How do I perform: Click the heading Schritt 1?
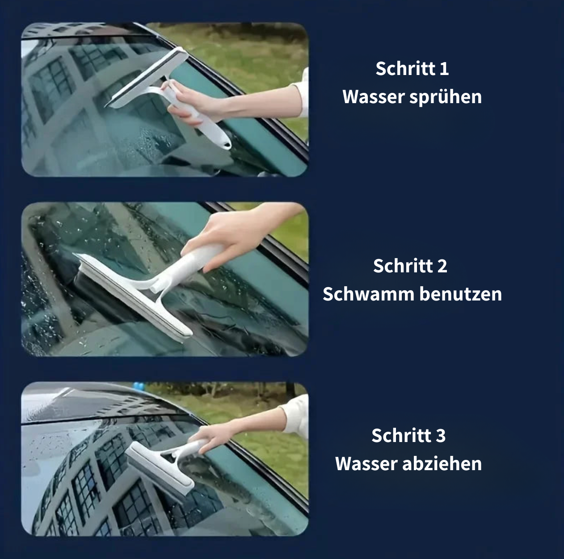[x=412, y=69]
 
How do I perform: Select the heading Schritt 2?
[x=410, y=266]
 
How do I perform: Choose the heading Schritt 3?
[x=408, y=436]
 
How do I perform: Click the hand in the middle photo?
[x=232, y=232]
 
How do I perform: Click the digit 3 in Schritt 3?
[x=441, y=436]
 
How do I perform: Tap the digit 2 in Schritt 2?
[x=442, y=266]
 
